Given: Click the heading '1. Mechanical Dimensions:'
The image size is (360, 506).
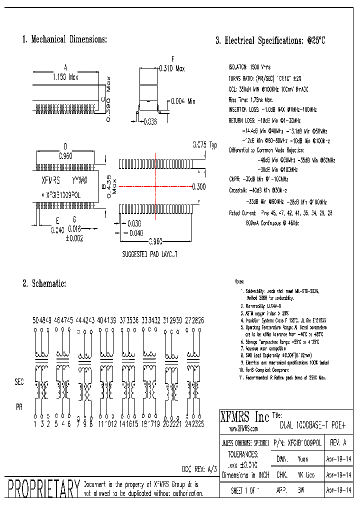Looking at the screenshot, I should tap(64, 39).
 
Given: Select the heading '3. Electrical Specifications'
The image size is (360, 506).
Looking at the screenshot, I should tap(270, 41).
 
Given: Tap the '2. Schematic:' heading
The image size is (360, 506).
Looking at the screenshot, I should tap(44, 283).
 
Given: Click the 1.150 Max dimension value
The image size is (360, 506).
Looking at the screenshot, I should tap(65, 77).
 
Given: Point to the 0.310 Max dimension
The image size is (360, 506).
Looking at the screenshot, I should tap(171, 68).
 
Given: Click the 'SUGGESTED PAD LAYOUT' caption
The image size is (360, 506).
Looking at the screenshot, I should tap(150, 254).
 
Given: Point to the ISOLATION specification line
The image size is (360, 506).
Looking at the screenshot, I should tap(249, 66).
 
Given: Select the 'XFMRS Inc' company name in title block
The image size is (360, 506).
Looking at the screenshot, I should tap(244, 416).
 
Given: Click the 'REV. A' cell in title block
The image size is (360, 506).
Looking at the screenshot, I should tap(338, 443).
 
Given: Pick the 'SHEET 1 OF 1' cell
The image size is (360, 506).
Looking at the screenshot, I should tap(245, 491).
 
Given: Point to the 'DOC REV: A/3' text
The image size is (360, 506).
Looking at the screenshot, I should tap(199, 469).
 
